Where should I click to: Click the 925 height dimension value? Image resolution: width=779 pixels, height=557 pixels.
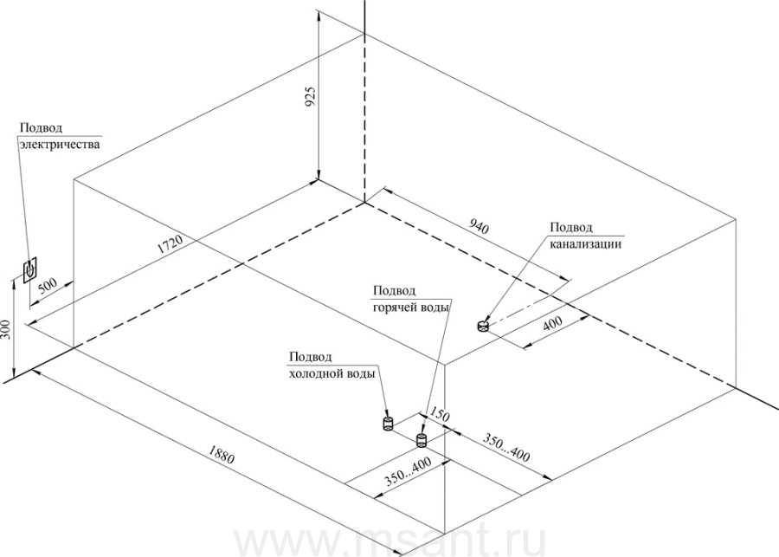(x=310, y=96)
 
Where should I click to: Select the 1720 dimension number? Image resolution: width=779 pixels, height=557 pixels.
(x=171, y=243)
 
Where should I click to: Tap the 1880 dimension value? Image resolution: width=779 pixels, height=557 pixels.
(x=221, y=455)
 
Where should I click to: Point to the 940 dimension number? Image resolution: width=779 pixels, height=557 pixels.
(x=479, y=226)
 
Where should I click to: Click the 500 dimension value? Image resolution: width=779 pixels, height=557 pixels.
(x=48, y=287)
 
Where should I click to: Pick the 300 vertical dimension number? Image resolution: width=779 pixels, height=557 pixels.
(x=6, y=329)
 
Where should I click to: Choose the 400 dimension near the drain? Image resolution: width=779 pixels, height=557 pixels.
(x=552, y=323)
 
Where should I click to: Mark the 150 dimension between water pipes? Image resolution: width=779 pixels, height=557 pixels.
(x=439, y=414)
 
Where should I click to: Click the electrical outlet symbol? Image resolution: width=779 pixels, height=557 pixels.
(x=29, y=269)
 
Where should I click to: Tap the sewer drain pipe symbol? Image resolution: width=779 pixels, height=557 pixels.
(x=483, y=327)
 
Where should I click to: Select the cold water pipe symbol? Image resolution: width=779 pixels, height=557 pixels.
(x=388, y=424)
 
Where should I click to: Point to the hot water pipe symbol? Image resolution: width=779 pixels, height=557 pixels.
(x=422, y=440)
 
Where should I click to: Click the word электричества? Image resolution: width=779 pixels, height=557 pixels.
(x=60, y=144)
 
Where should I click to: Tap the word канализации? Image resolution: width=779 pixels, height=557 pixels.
(x=585, y=244)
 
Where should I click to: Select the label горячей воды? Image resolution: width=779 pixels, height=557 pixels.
(x=411, y=308)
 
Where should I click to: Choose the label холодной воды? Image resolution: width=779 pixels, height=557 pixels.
(x=332, y=374)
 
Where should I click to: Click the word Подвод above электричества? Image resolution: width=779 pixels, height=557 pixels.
(x=42, y=128)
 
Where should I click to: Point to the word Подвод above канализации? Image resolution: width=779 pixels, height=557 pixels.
(x=571, y=228)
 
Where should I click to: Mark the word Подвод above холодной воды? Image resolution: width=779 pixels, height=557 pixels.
(x=311, y=358)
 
